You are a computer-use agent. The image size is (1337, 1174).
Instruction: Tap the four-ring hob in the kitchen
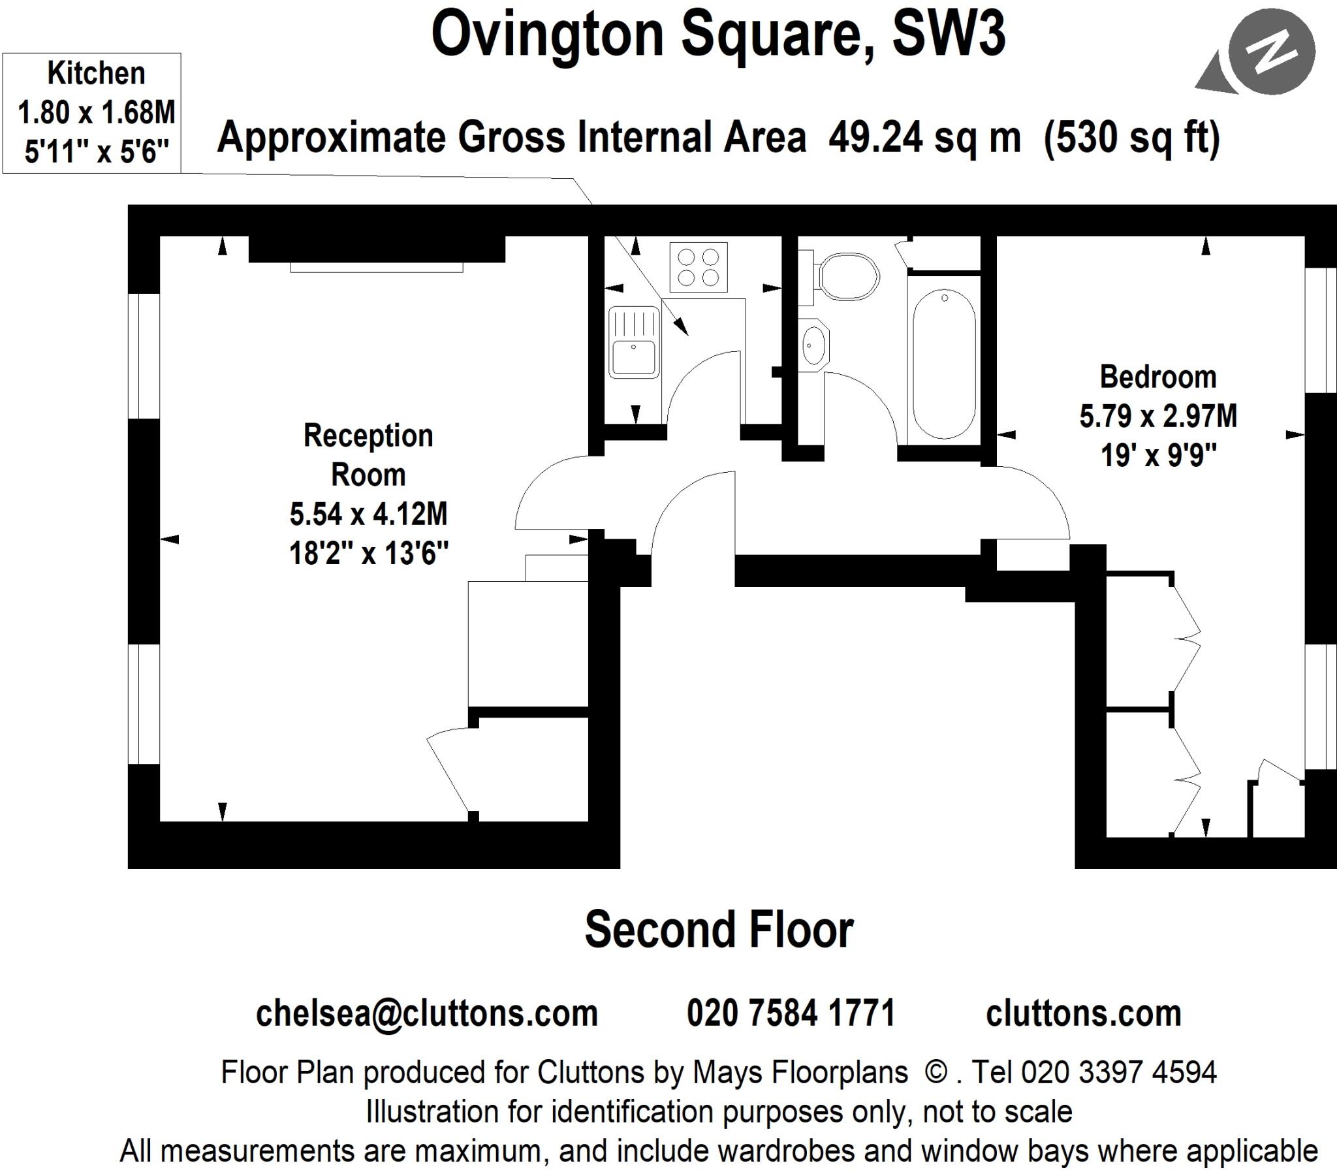click(x=698, y=267)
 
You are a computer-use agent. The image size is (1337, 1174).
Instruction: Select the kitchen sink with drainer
click(x=633, y=342)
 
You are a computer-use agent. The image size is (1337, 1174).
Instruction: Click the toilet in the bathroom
click(x=848, y=277)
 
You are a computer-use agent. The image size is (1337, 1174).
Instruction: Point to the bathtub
click(x=943, y=364)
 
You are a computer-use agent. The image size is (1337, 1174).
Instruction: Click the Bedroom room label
click(x=1157, y=377)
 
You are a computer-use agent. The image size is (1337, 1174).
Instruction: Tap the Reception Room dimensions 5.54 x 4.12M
click(x=368, y=515)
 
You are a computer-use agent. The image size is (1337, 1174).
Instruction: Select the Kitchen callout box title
click(x=96, y=73)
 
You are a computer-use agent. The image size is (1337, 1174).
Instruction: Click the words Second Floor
click(x=718, y=930)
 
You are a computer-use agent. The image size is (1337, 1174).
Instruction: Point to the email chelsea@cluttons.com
click(x=426, y=1013)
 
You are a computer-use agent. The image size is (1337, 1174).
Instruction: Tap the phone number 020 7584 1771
click(x=790, y=1013)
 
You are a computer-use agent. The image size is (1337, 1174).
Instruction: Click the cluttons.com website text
click(x=1083, y=1013)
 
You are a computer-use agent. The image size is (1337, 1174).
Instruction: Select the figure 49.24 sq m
click(x=924, y=138)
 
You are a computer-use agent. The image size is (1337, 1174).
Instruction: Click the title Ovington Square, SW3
click(x=717, y=34)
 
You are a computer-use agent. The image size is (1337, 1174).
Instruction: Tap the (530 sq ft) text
click(x=1131, y=138)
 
